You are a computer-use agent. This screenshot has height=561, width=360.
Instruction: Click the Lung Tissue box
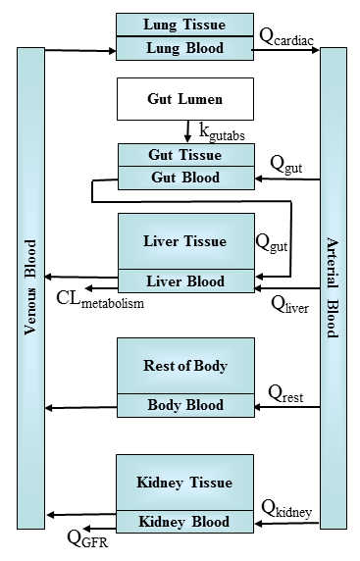click(x=184, y=24)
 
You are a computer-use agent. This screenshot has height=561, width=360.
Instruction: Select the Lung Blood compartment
click(x=184, y=48)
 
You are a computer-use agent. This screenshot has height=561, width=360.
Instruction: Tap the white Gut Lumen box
click(x=185, y=99)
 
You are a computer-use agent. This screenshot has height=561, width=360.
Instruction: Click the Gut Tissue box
click(x=185, y=155)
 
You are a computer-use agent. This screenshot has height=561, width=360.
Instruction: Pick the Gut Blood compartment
click(x=185, y=178)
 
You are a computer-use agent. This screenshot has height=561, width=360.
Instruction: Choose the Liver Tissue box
click(x=185, y=241)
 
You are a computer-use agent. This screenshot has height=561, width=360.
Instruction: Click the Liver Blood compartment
click(x=185, y=281)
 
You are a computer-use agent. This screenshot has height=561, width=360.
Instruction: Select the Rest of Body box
click(x=185, y=366)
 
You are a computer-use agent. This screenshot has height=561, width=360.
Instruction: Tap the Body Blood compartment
click(x=185, y=405)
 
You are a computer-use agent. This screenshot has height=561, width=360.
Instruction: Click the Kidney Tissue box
click(x=185, y=483)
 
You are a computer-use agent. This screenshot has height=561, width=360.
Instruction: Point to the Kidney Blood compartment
click(x=185, y=522)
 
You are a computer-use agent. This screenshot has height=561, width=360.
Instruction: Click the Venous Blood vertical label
click(x=30, y=283)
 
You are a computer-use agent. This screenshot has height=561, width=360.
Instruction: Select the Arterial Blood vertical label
click(x=333, y=285)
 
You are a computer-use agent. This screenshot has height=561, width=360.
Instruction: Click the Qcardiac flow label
click(x=288, y=37)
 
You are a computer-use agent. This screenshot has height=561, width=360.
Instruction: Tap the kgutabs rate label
click(x=219, y=129)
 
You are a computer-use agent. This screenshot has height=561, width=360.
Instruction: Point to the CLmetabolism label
click(x=99, y=300)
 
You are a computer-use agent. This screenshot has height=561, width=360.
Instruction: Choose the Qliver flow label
click(x=291, y=301)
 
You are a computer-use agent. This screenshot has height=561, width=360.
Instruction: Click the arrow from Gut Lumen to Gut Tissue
click(x=186, y=130)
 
